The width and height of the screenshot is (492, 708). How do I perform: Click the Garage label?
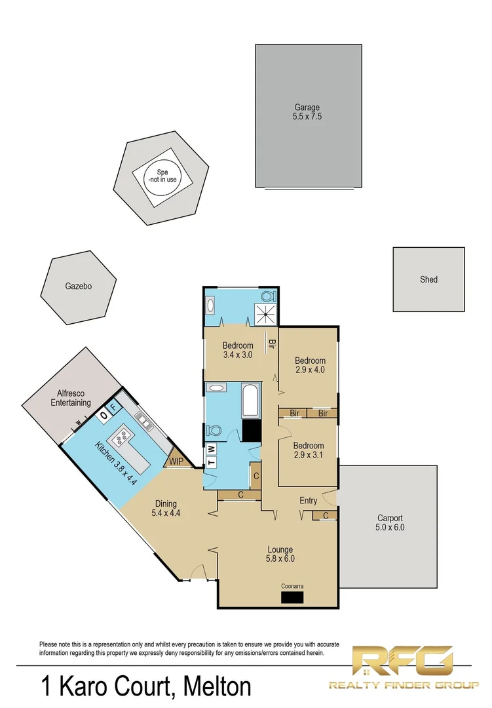point(307,108)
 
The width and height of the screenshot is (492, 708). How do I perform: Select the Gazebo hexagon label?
point(78,286)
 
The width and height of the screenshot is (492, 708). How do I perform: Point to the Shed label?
point(428,279)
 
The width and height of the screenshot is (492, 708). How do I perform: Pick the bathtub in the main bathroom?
point(251,399)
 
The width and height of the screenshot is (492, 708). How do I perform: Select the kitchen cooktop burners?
point(122,434)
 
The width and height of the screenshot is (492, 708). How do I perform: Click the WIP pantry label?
point(176,461)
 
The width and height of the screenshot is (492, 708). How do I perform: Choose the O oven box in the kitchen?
point(104,416)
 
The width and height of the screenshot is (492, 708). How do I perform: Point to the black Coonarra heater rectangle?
point(292,597)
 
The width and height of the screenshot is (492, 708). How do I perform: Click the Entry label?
point(309,501)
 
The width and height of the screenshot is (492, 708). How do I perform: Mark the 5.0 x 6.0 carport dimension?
point(390,526)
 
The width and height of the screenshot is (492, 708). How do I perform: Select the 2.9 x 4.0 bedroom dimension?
point(309,370)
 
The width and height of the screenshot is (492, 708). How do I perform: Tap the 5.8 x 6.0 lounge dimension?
point(280,559)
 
